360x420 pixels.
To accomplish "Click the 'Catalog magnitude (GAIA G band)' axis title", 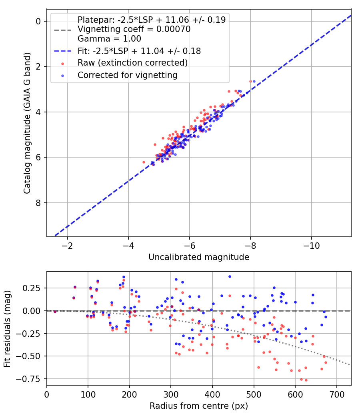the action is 27,123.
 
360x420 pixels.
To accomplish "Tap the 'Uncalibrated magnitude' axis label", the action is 199,257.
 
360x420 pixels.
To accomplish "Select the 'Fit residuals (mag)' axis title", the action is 7,329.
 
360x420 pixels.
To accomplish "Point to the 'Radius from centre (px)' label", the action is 199,406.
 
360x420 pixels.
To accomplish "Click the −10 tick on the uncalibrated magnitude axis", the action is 311,246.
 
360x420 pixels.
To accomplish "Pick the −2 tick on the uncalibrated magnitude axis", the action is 67,246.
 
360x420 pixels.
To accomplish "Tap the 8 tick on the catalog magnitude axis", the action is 38,203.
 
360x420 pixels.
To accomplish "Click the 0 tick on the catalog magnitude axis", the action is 38,21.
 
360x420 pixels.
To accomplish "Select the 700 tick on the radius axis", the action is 337,394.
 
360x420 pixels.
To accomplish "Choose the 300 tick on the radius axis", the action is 171,394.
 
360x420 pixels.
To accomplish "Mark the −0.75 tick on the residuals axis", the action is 28,379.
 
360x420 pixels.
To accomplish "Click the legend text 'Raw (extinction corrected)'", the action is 132,63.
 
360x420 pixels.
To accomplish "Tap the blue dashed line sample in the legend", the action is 63,51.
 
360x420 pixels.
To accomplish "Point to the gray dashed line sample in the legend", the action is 63,30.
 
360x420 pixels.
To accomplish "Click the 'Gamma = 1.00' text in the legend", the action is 109,39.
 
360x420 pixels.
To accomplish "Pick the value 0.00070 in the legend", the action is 173,29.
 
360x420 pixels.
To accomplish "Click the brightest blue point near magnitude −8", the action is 254,82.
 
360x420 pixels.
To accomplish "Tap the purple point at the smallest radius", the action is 55,312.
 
